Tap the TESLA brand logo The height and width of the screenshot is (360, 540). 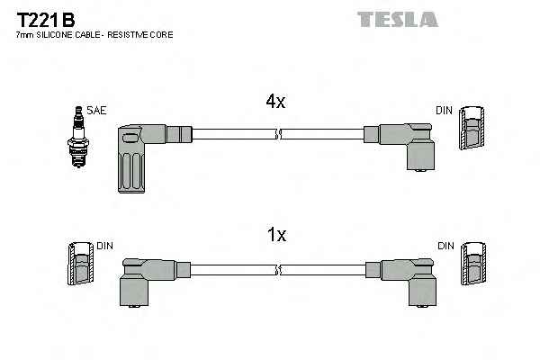pyautogui.click(x=397, y=19)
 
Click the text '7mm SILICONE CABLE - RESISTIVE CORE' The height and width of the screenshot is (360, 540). pyautogui.click(x=94, y=35)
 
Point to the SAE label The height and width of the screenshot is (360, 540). pyautogui.click(x=96, y=111)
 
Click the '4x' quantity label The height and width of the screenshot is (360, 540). pyautogui.click(x=275, y=103)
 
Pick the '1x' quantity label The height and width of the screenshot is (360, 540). pyautogui.click(x=277, y=235)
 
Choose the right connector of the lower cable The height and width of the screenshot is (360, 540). pyautogui.click(x=407, y=279)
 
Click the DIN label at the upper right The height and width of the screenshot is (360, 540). pyautogui.click(x=444, y=111)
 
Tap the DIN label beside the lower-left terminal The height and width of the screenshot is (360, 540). pyautogui.click(x=105, y=246)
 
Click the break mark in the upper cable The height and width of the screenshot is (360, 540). pyautogui.click(x=279, y=135)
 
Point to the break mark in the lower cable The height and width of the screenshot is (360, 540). pyautogui.click(x=279, y=269)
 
